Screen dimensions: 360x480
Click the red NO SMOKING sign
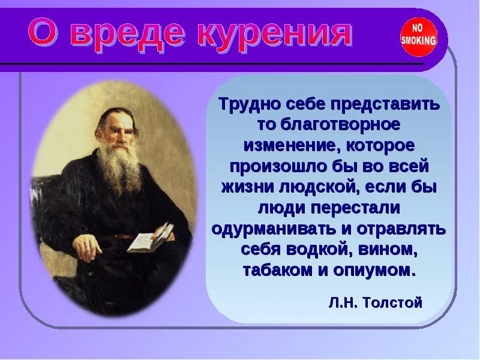point(418,37)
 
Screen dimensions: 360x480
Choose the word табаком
point(274,270)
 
